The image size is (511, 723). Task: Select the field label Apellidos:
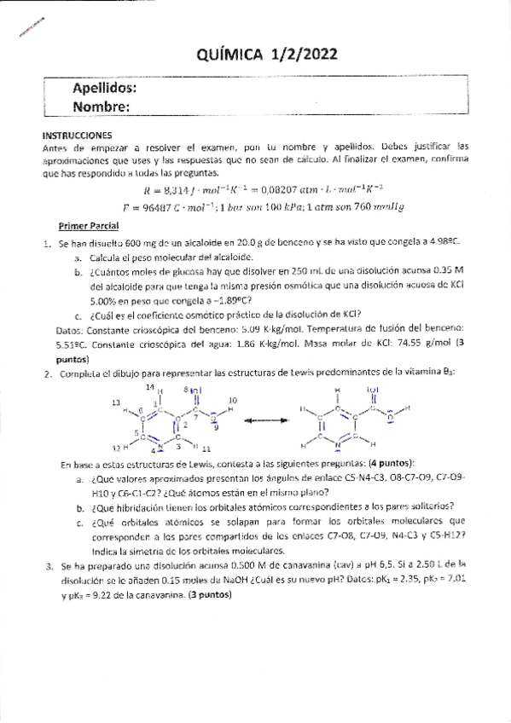104,89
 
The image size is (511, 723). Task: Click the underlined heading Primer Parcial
88,227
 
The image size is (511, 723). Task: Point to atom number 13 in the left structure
117,401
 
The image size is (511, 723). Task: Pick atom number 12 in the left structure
116,447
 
